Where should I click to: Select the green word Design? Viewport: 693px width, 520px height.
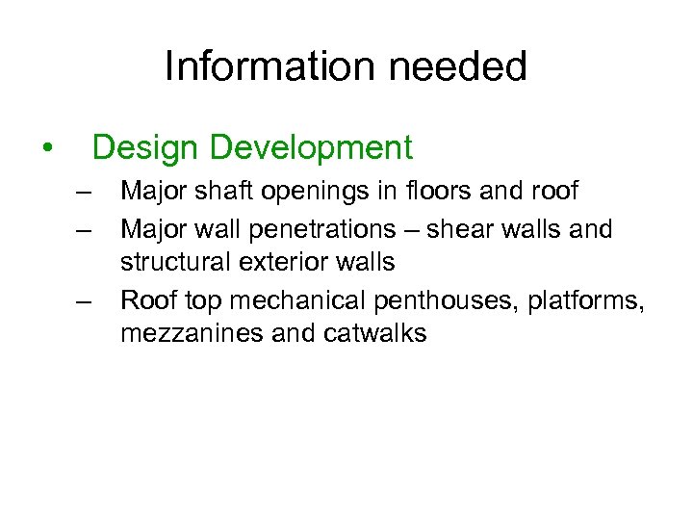pyautogui.click(x=145, y=147)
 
